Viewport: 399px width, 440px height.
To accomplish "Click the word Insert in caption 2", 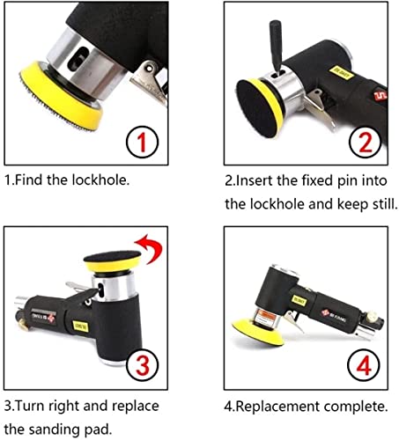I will point(255,182).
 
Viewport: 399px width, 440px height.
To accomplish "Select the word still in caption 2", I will point(379,204).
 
